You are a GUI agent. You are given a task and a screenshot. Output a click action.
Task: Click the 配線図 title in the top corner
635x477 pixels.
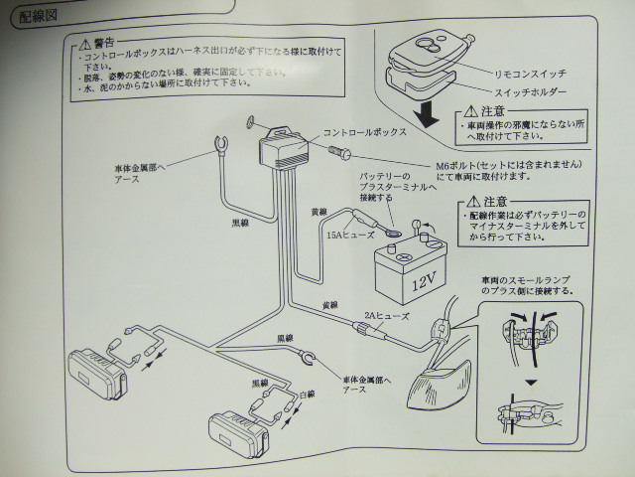point(36,17)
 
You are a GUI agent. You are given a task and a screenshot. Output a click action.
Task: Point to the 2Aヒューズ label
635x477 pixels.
point(381,314)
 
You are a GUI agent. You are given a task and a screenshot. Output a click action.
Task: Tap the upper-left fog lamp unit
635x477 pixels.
point(100,369)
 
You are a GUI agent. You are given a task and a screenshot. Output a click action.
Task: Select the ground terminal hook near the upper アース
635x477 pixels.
point(212,151)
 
